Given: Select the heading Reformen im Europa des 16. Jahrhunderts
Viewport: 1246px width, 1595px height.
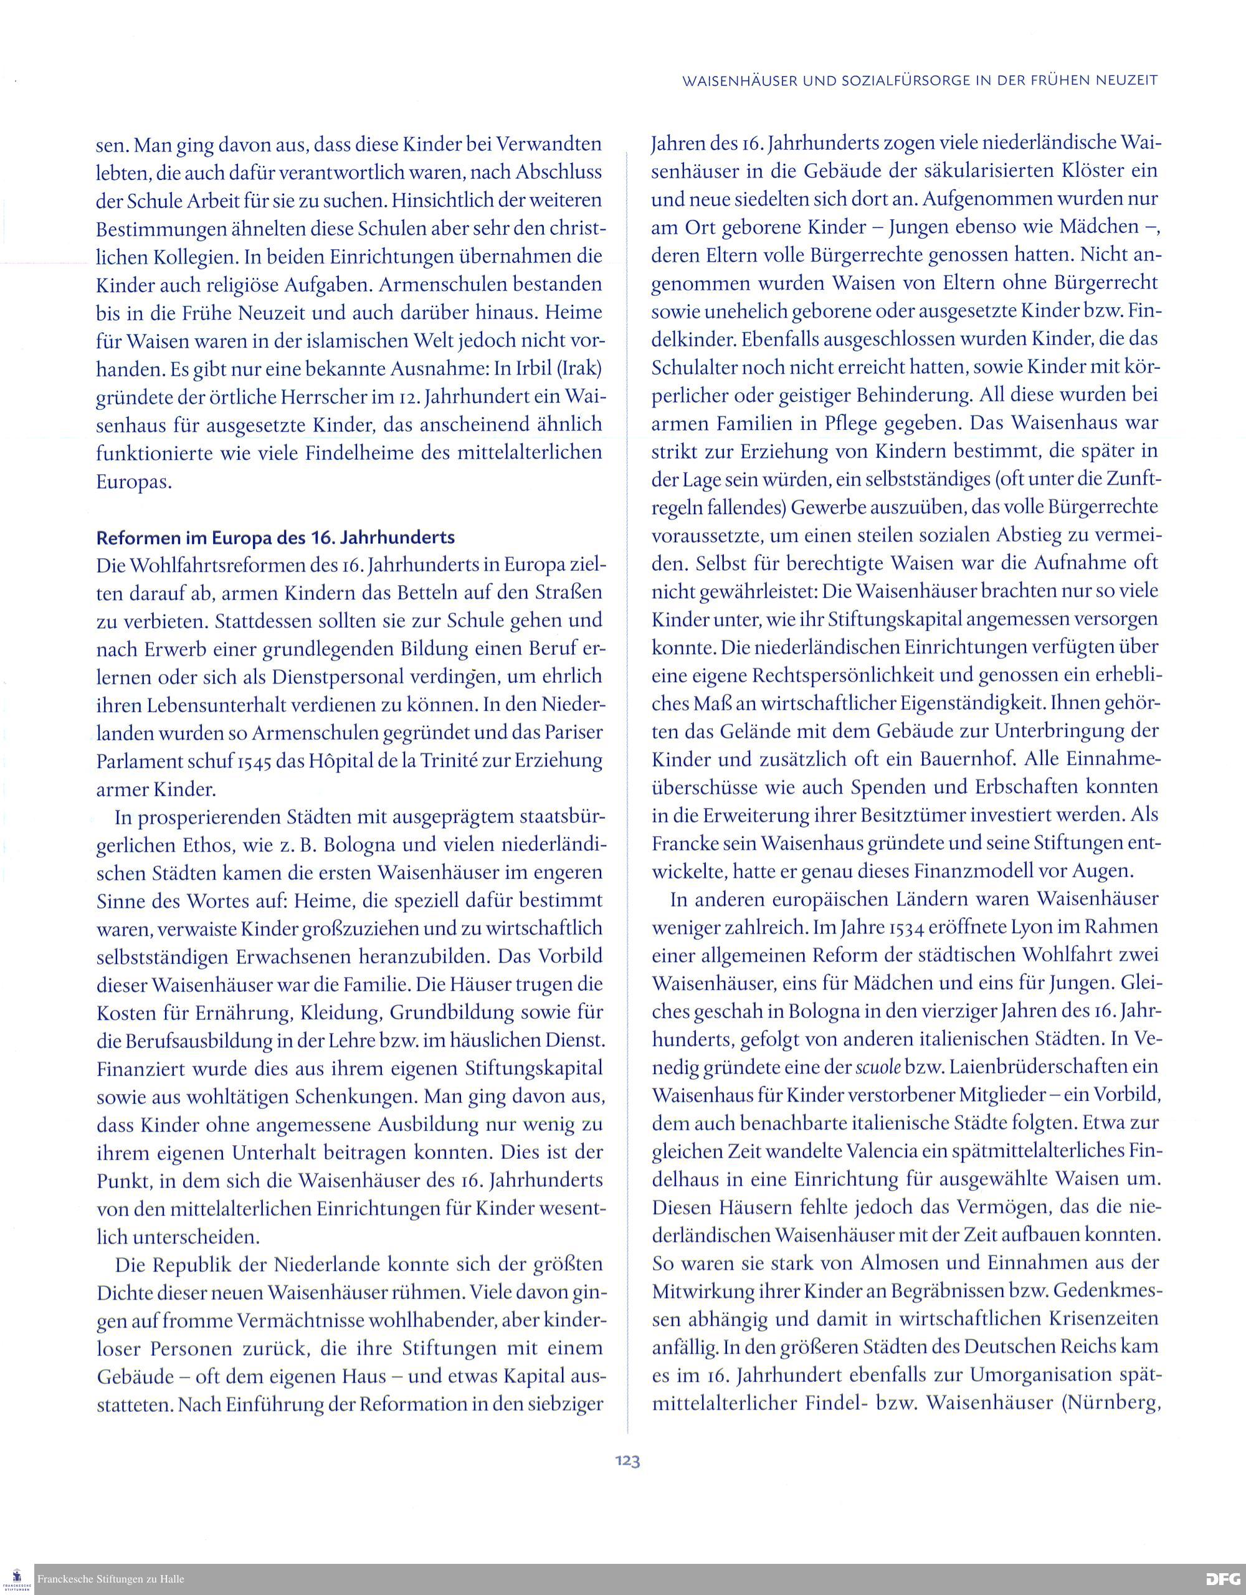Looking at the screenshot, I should click(x=275, y=538).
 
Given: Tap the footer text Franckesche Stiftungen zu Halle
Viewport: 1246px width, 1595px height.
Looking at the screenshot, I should click(x=110, y=1579).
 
